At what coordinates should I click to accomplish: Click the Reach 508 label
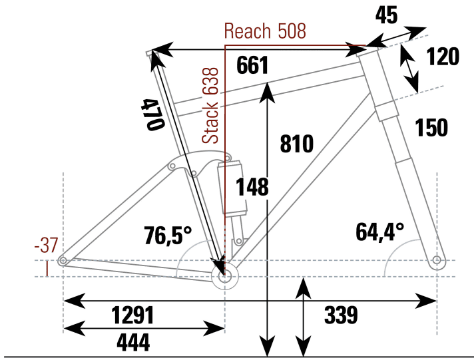264,31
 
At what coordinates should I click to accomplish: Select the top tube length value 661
253,65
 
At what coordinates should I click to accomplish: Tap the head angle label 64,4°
380,232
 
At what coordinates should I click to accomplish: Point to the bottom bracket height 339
340,315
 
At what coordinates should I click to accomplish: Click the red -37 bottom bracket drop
47,246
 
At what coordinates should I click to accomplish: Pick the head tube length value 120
443,57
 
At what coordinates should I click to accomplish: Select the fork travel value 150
431,127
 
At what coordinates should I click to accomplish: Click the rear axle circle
63,261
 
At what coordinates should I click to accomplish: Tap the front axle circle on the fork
437,260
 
